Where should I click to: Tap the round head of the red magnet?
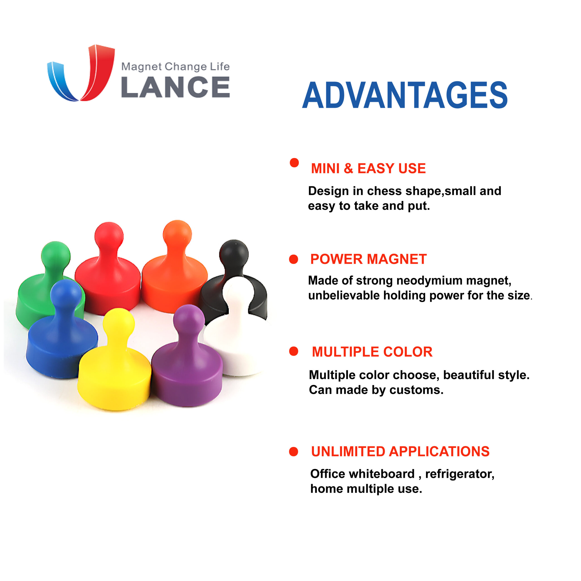pos(109,236)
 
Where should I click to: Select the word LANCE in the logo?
pos(175,87)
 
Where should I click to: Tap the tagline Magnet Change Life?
pos(175,66)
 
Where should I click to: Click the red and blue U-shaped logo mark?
pos(81,73)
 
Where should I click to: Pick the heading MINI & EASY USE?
pos(368,168)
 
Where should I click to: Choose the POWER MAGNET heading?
pos(368,259)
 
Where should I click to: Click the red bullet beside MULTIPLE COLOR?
pos(293,351)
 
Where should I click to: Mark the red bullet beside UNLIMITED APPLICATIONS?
pos(293,451)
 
